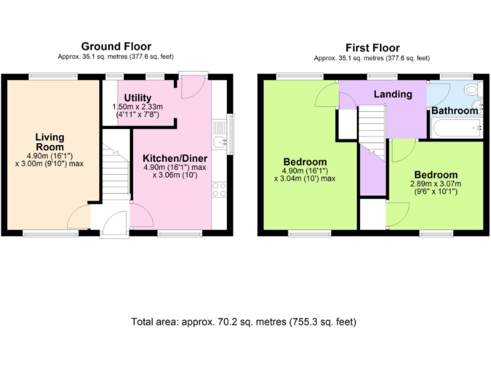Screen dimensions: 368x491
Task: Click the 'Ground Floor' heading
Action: pos(116,46)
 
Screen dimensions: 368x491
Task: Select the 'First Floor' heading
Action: pos(372,48)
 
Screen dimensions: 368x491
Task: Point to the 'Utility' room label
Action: pos(137,98)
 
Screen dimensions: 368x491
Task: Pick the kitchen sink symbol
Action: pos(220,142)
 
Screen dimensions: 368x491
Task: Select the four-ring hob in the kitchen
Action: pos(219,188)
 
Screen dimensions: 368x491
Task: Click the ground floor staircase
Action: pos(116,169)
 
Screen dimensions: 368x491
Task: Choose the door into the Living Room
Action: pos(81,215)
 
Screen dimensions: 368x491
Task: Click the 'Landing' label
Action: pos(393,94)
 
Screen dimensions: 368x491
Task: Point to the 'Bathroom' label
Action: pos(455,111)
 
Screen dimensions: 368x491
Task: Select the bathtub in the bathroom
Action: pos(456,129)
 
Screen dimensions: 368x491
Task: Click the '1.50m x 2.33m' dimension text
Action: pos(138,107)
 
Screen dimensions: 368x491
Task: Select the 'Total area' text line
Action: pos(244,321)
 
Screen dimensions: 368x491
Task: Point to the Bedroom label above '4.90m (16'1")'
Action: pos(305,162)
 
